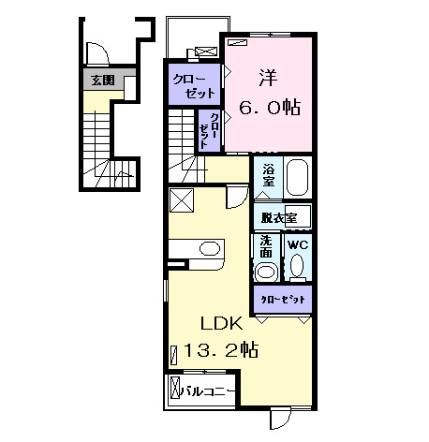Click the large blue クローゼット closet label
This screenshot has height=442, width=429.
pyautogui.click(x=195, y=83)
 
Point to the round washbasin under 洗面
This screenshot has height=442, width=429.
pyautogui.click(x=268, y=271)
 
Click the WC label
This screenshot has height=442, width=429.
pyautogui.click(x=297, y=245)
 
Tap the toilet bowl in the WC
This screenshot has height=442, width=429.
pyautogui.click(x=297, y=268)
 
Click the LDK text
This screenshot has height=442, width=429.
pyautogui.click(x=222, y=324)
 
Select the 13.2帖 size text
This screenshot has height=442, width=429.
pyautogui.click(x=225, y=351)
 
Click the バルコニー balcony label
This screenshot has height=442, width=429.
pyautogui.click(x=208, y=390)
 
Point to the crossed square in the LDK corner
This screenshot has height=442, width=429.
pyautogui.click(x=182, y=200)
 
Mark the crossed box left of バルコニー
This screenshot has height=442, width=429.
pyautogui.click(x=174, y=389)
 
